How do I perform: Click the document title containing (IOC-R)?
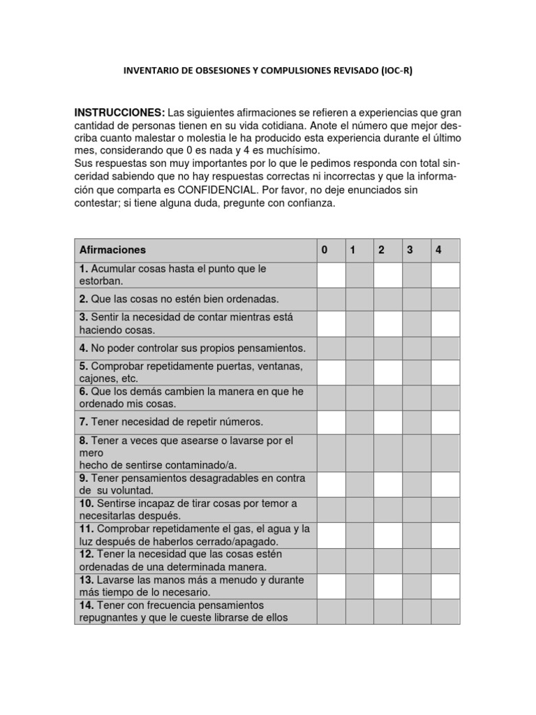268,71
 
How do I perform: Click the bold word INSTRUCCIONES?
119,113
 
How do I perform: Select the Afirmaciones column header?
112,250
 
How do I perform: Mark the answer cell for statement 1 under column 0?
331,274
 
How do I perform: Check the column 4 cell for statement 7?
445,422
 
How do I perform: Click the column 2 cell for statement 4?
387,348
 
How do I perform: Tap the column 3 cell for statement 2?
416,299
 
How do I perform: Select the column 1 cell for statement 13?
359,586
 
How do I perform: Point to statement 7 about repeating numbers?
171,422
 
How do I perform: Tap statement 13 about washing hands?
191,586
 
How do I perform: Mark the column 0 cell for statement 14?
331,611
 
